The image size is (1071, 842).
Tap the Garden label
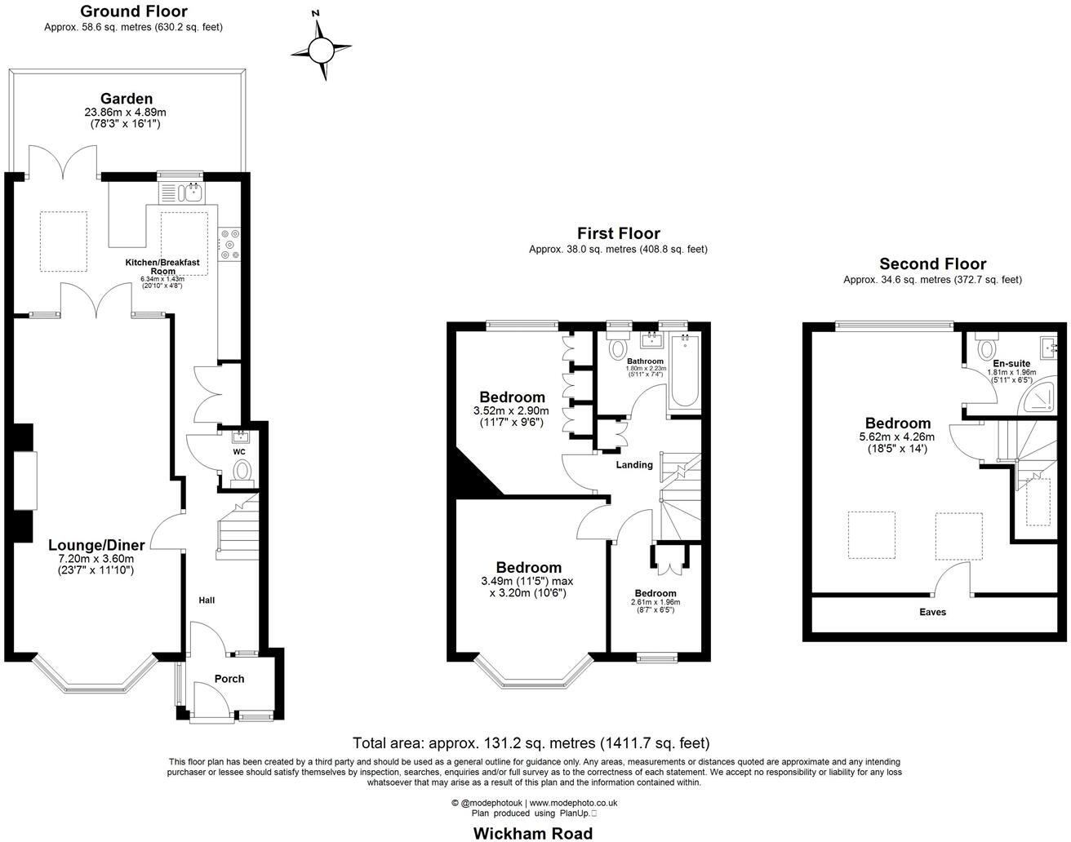(x=126, y=99)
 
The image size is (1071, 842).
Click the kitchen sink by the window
(x=193, y=193)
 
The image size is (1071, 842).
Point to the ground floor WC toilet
(x=242, y=472)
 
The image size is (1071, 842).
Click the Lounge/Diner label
(x=96, y=545)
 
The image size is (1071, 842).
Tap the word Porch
(x=229, y=679)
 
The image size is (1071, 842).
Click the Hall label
(x=207, y=600)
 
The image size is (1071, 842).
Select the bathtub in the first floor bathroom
(x=684, y=372)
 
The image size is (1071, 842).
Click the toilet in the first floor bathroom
(x=616, y=347)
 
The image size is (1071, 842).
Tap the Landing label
(x=634, y=465)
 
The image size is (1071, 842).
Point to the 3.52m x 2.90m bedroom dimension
(x=511, y=411)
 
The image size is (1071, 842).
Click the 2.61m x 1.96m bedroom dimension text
(x=655, y=602)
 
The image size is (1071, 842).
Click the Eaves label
(x=932, y=612)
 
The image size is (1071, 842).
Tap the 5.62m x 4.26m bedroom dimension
(x=898, y=437)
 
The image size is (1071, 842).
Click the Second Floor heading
(x=932, y=264)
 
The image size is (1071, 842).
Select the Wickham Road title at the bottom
(x=533, y=833)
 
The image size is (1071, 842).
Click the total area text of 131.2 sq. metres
(x=531, y=743)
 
